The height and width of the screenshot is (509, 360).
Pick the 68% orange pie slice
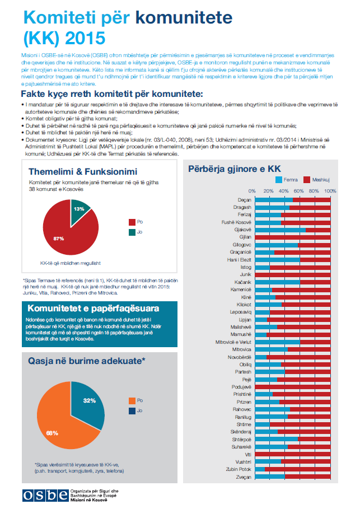click(59, 426)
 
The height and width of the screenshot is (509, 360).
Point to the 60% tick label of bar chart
click(299, 191)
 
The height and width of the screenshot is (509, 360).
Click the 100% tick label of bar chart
click(330, 191)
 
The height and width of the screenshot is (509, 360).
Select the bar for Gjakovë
click(291, 230)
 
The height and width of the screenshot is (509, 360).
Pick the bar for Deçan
click(291, 199)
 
